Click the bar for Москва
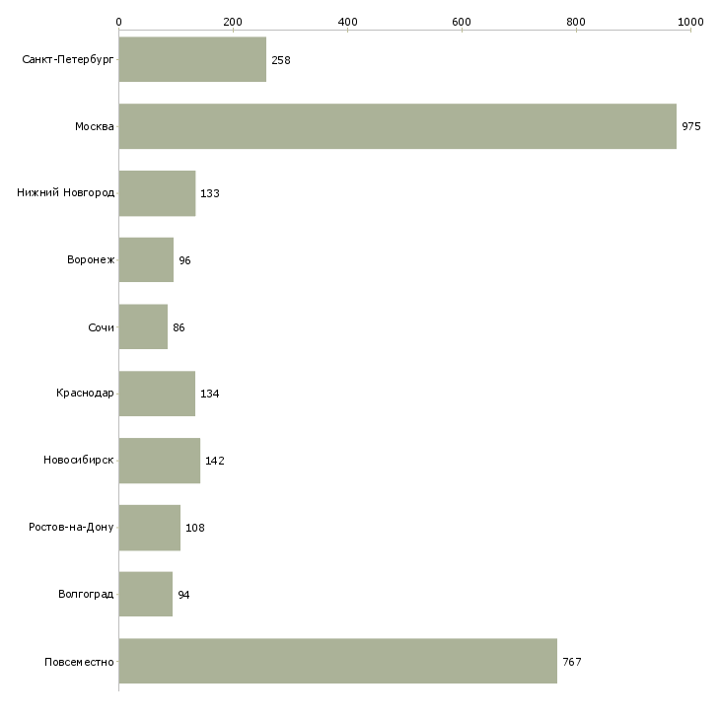pyautogui.click(x=397, y=126)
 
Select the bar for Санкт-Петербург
pyautogui.click(x=192, y=59)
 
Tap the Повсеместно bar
pyautogui.click(x=338, y=661)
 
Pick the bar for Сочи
pyautogui.click(x=143, y=326)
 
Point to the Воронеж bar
pyautogui.click(x=146, y=260)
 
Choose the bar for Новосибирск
pyautogui.click(x=160, y=461)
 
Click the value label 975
pyautogui.click(x=691, y=126)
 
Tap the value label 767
pyautogui.click(x=572, y=662)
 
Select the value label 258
pyautogui.click(x=281, y=60)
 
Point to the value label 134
pyautogui.click(x=210, y=394)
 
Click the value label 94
pyautogui.click(x=183, y=595)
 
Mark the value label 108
pyautogui.click(x=195, y=528)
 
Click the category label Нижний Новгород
pyautogui.click(x=66, y=192)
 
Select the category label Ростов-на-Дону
pyautogui.click(x=71, y=527)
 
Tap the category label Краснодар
pyautogui.click(x=85, y=394)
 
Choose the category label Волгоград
pyautogui.click(x=86, y=594)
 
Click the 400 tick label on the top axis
pyautogui.click(x=347, y=22)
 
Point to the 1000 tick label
pyautogui.click(x=690, y=22)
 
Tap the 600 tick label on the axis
pyautogui.click(x=462, y=22)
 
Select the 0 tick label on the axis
pyautogui.click(x=119, y=22)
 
